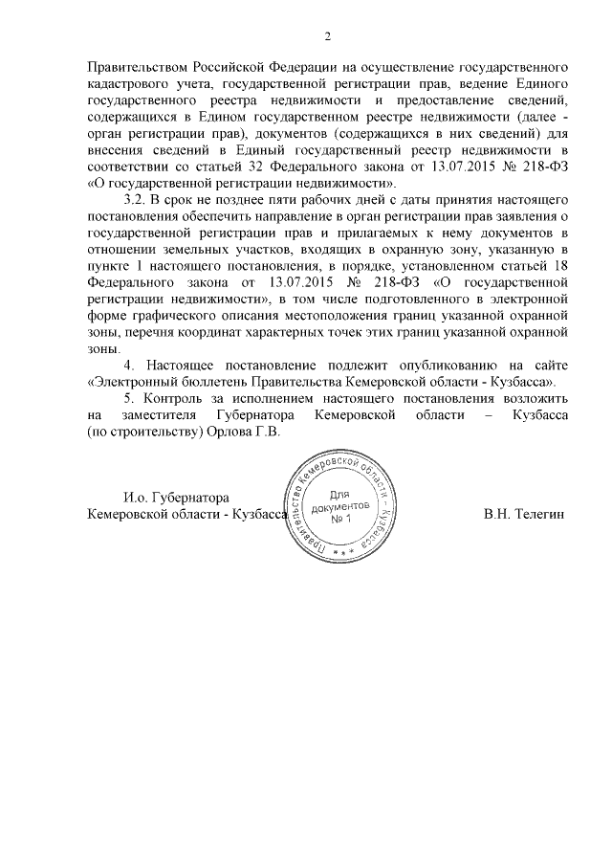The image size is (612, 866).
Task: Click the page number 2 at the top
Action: [x=327, y=37]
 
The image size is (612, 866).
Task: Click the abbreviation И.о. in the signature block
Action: [x=139, y=498]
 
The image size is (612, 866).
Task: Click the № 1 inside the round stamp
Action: [x=341, y=519]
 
